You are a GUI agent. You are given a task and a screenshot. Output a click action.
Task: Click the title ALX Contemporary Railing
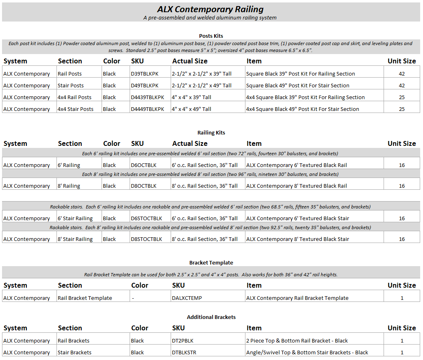[211, 9]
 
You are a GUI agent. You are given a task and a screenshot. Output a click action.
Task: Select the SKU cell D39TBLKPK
[144, 74]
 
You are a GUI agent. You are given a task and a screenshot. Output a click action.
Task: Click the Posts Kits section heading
[211, 36]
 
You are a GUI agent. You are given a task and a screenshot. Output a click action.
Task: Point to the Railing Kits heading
[211, 133]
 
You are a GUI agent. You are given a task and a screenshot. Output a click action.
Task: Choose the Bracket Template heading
[211, 263]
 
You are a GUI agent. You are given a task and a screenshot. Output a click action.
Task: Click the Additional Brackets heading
[211, 317]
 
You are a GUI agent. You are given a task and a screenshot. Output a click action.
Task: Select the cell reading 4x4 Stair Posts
[76, 109]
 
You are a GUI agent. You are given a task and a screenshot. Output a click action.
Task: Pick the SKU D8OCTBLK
[143, 186]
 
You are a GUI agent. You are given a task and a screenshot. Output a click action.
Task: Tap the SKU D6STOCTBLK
[146, 219]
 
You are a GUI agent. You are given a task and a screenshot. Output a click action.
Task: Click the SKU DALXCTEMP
[187, 298]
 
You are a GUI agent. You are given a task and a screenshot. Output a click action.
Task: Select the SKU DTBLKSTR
[184, 353]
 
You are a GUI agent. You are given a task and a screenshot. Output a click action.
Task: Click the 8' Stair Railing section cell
[75, 239]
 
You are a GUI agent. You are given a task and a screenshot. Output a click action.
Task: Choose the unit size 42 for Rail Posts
[401, 74]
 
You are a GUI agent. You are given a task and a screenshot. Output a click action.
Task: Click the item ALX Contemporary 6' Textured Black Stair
[297, 219]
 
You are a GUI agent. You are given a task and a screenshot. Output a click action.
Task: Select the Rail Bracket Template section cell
[85, 298]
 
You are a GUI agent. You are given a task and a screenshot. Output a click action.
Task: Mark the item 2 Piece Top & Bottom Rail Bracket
[297, 341]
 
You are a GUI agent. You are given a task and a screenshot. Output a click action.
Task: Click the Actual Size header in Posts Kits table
[190, 61]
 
